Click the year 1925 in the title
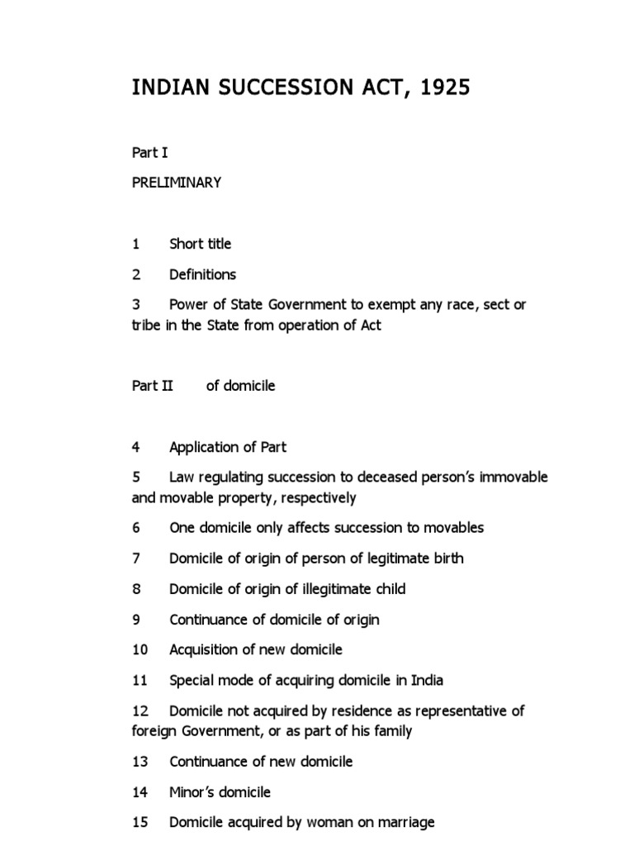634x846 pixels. coord(447,88)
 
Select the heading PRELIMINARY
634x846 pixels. coord(177,183)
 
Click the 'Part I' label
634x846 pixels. coord(150,153)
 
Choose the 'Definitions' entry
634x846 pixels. coord(202,274)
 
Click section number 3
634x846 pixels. coord(136,305)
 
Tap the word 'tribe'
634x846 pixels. coord(146,325)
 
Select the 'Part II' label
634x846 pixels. coord(153,386)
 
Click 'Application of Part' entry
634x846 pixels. coord(228,447)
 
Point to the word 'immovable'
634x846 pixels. coord(516,478)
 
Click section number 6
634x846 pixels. coord(136,528)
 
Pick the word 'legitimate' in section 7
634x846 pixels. coord(409,558)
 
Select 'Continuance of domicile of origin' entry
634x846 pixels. coord(274,620)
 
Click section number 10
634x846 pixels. coord(140,650)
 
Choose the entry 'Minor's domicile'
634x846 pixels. coord(220,792)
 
